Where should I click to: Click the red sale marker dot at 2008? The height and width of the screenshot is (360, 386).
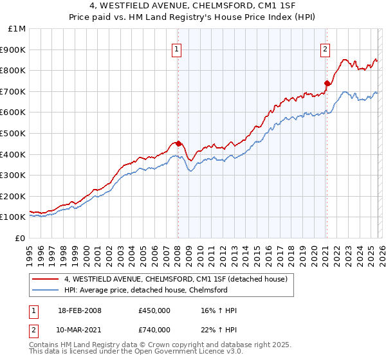(x=178, y=143)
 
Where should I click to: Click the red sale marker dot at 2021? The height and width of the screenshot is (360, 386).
(x=327, y=83)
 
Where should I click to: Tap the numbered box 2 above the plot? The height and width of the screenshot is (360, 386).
(x=326, y=48)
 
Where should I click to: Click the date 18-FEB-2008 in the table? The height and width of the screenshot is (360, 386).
(x=80, y=310)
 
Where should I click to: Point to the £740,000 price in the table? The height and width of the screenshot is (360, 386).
(x=154, y=330)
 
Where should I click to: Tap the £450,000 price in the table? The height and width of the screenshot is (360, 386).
(x=154, y=310)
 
